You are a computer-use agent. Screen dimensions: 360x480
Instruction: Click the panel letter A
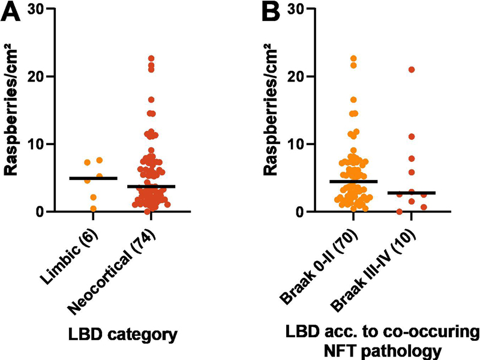[x=12, y=12]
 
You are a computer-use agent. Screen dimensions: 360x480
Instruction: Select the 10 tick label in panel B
[x=295, y=144]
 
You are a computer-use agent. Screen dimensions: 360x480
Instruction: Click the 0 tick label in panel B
[x=299, y=212]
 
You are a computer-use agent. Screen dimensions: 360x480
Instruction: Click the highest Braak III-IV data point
[x=412, y=70]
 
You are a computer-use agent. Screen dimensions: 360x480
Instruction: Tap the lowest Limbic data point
[x=94, y=208]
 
